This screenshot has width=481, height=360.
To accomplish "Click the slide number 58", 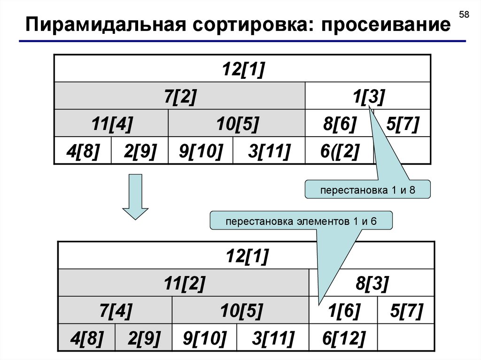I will [x=464, y=15].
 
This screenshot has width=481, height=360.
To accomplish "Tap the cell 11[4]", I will [x=112, y=124].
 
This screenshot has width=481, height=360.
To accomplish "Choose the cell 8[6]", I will [x=340, y=124].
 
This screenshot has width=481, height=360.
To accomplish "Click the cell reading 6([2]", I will [x=340, y=151].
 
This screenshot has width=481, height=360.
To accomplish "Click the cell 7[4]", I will [x=116, y=310].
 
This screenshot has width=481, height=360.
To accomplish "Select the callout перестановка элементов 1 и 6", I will [x=301, y=221].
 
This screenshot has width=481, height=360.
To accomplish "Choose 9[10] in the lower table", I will [x=205, y=337].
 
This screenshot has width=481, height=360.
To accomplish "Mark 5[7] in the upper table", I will [x=402, y=124].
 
